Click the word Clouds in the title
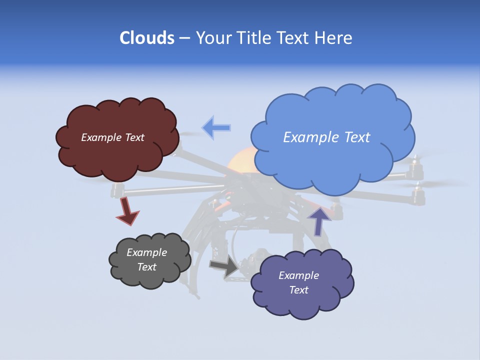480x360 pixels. tap(146, 38)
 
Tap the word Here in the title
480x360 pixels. tap(333, 38)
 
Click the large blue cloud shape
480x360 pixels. tap(332, 160)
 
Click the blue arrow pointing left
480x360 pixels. tap(216, 128)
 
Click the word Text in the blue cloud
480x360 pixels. tap(354, 137)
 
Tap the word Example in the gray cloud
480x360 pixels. tap(146, 253)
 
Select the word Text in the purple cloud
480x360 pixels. tap(298, 290)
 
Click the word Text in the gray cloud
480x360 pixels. tap(146, 267)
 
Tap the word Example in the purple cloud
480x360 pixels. tap(298, 275)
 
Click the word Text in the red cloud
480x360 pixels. tap(134, 137)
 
